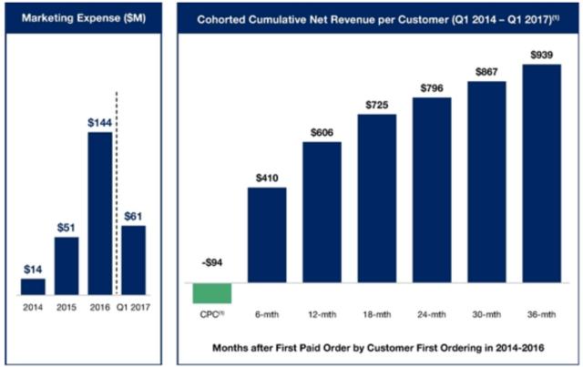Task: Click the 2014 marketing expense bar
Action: (x=33, y=286)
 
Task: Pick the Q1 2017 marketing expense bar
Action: (x=133, y=260)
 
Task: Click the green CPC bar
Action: (x=212, y=293)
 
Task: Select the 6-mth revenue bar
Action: (x=267, y=240)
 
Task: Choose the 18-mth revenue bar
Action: (x=376, y=204)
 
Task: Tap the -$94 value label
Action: (x=211, y=264)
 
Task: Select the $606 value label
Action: (x=321, y=131)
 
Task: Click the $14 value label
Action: (x=33, y=269)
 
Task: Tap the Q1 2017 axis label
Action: (x=134, y=308)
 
